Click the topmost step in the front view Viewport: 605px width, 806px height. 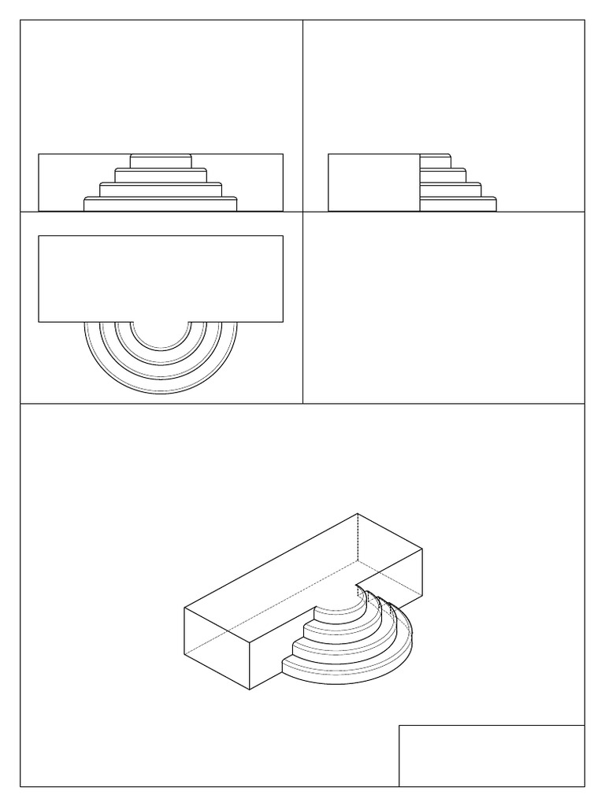click(x=161, y=161)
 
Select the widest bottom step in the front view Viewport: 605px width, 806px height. click(x=161, y=204)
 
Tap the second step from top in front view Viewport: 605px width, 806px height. click(x=161, y=175)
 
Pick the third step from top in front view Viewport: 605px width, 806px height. click(x=161, y=189)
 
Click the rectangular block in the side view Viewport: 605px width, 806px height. click(x=373, y=183)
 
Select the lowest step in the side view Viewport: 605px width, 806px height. click(x=457, y=204)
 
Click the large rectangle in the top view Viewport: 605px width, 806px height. click(x=161, y=279)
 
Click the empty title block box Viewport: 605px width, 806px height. click(x=492, y=756)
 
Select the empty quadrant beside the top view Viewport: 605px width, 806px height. click(x=444, y=307)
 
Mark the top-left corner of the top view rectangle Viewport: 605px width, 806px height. click(x=39, y=235)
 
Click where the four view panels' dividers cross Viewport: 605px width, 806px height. click(x=303, y=212)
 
